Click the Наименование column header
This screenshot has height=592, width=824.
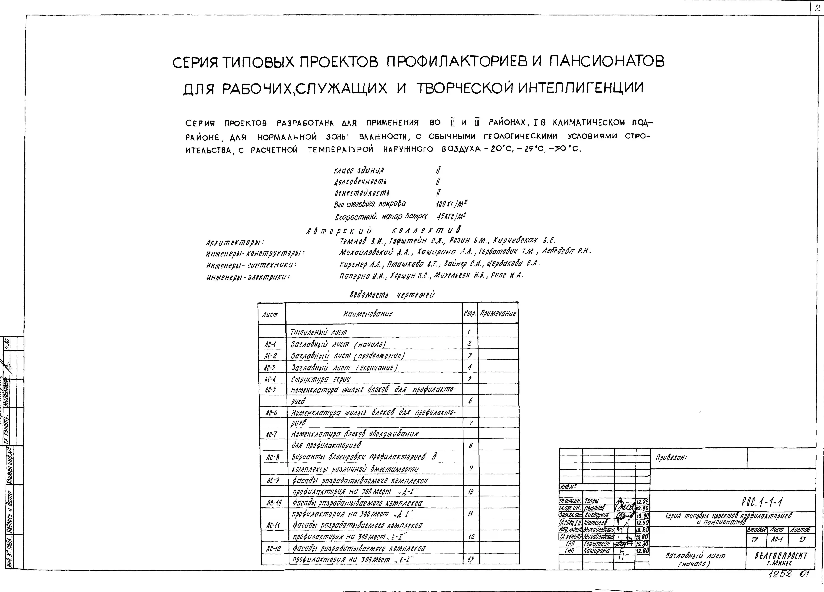(368, 313)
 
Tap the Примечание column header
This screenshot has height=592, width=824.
(498, 313)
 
